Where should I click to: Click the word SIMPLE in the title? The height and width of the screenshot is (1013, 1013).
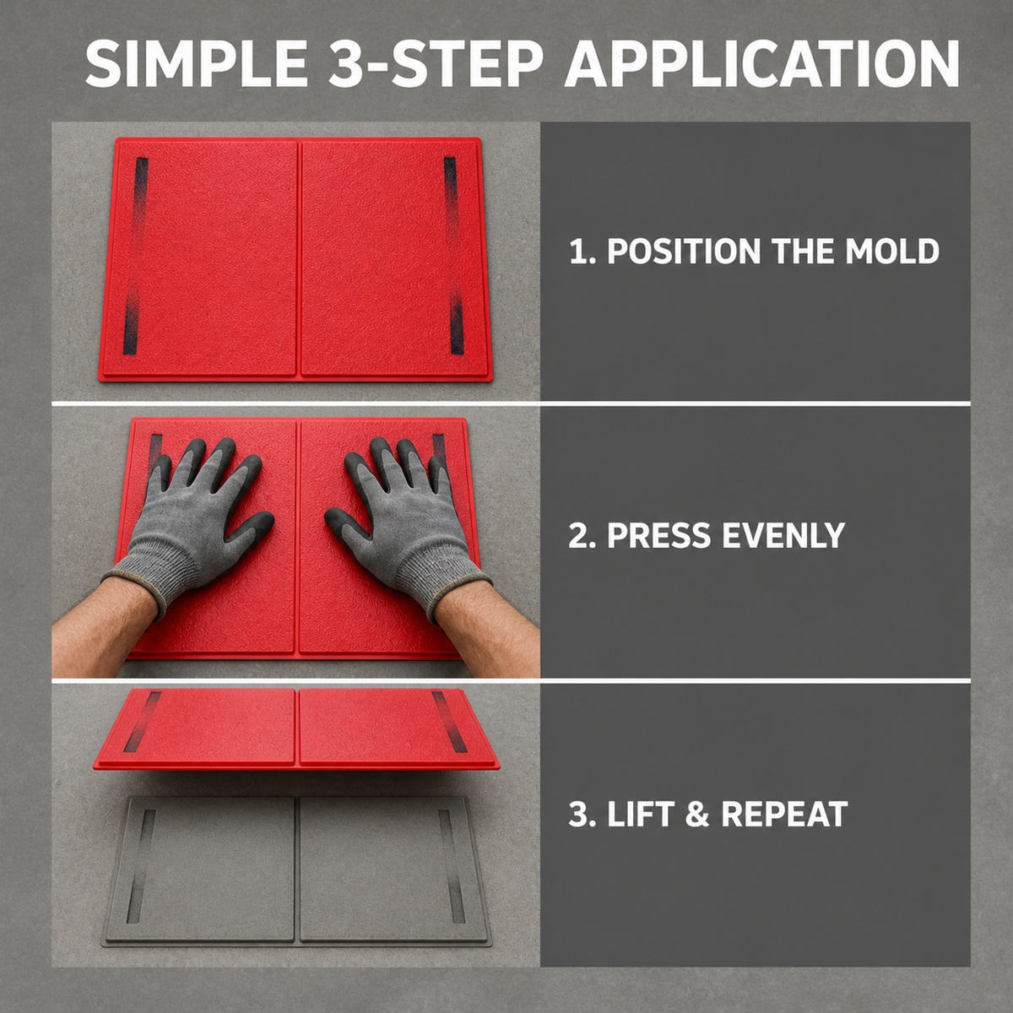pyautogui.click(x=196, y=65)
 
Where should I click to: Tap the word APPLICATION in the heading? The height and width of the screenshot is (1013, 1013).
pyautogui.click(x=761, y=65)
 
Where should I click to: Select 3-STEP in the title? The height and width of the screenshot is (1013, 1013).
pyautogui.click(x=435, y=65)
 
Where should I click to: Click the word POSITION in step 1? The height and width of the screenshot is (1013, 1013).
pyautogui.click(x=684, y=252)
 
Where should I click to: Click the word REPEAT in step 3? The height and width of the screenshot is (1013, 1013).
pyautogui.click(x=783, y=815)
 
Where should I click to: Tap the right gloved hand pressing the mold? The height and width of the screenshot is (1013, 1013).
pyautogui.click(x=406, y=521)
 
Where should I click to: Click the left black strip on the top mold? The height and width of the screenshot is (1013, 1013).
pyautogui.click(x=136, y=256)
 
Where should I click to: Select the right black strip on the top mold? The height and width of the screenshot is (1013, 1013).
pyautogui.click(x=454, y=255)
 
